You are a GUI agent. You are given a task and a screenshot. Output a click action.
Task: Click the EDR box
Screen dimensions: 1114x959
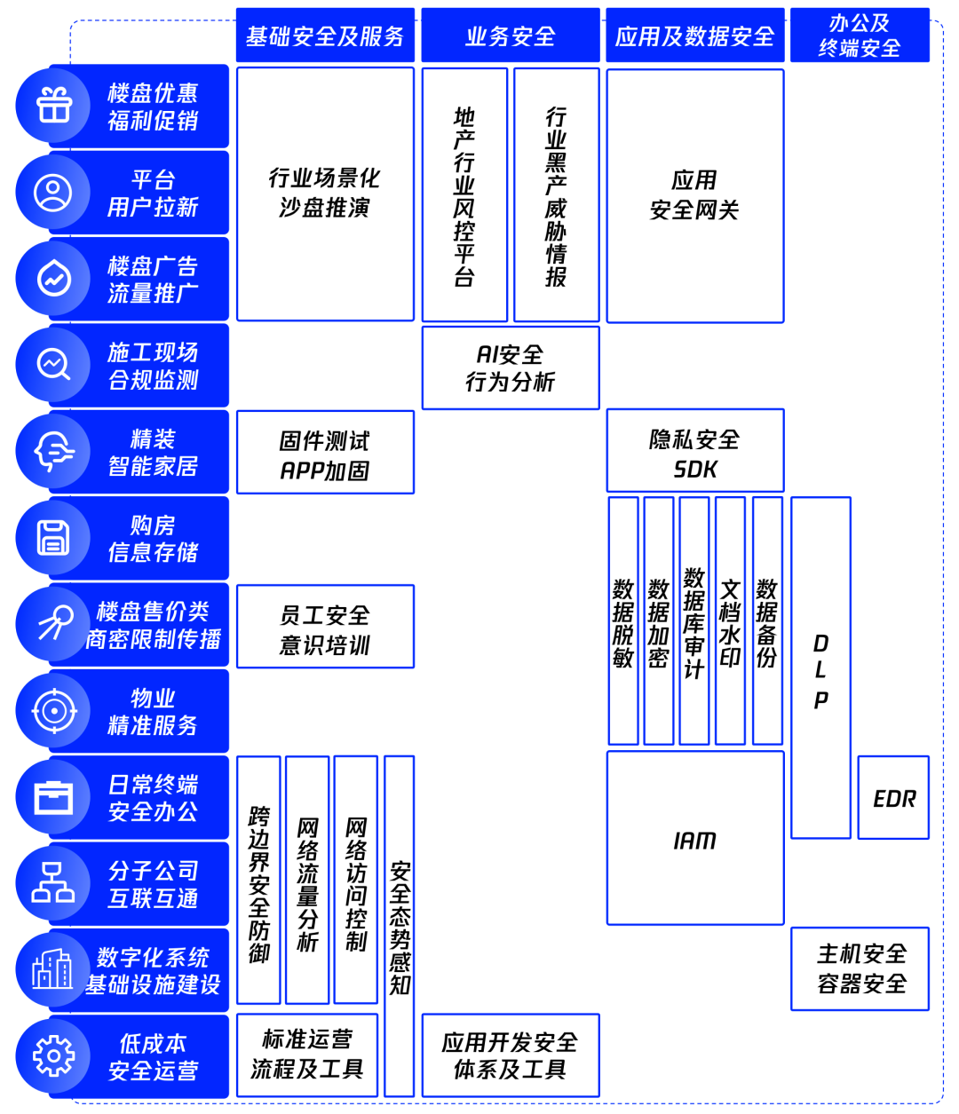point(893,798)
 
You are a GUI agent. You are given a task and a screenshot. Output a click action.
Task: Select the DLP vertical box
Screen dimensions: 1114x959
point(820,668)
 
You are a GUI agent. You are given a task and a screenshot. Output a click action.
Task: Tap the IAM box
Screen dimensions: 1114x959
point(694,839)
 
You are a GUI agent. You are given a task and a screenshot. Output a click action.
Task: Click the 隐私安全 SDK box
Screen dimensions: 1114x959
point(694,451)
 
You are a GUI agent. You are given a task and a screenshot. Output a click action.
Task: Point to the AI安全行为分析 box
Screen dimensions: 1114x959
point(510,368)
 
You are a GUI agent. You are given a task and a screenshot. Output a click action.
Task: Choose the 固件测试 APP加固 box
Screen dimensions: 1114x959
point(325,453)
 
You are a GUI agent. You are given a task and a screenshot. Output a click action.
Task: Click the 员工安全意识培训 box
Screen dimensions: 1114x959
point(325,627)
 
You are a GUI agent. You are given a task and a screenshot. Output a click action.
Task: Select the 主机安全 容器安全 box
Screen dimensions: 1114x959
point(860,968)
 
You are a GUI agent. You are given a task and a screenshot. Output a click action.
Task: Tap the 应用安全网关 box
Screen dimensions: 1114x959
point(694,195)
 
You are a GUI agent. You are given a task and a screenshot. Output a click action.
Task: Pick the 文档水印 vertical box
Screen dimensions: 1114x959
point(730,621)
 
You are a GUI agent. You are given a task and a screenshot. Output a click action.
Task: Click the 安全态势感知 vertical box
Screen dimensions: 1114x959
point(400,926)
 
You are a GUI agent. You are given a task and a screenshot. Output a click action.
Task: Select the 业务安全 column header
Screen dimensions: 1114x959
point(510,36)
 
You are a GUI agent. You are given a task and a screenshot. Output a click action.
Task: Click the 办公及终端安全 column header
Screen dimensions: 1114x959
point(859,36)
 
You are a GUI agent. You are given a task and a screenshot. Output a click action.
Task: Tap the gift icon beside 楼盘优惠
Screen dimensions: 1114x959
point(54,106)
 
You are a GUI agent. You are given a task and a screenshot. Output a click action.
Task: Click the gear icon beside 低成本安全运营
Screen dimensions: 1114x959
point(54,1056)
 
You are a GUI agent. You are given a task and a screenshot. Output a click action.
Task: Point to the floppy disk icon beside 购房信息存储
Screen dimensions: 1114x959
point(54,538)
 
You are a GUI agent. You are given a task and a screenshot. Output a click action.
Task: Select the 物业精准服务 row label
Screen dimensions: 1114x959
point(153,711)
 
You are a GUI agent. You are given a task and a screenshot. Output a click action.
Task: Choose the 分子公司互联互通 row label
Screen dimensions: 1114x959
point(153,884)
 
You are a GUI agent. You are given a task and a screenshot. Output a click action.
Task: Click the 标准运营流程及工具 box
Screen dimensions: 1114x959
point(307,1055)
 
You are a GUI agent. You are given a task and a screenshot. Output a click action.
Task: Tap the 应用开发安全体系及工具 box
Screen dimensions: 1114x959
point(510,1055)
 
